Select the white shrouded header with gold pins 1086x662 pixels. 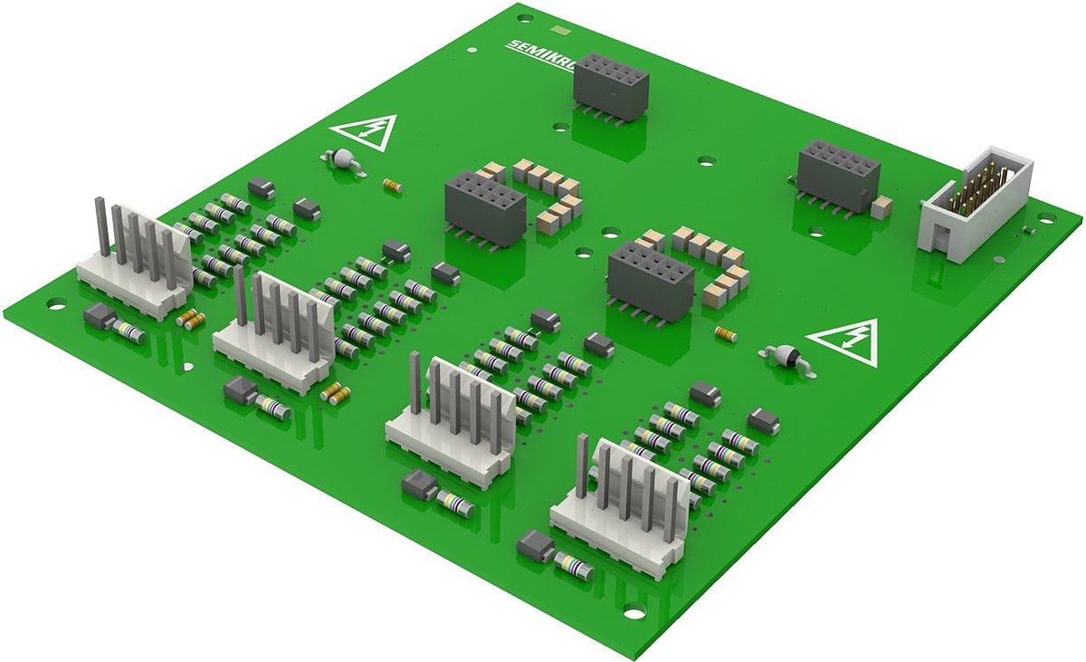(976, 204)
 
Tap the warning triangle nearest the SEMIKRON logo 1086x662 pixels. (366, 132)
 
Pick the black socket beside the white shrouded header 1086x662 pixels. (838, 175)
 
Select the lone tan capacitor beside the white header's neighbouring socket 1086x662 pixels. (882, 207)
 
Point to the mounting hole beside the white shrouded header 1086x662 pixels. (1046, 217)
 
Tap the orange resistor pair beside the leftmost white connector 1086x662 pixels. (189, 318)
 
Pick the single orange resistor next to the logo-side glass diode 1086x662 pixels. (392, 185)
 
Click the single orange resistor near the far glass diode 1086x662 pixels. (726, 335)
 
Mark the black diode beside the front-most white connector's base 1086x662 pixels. (534, 546)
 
